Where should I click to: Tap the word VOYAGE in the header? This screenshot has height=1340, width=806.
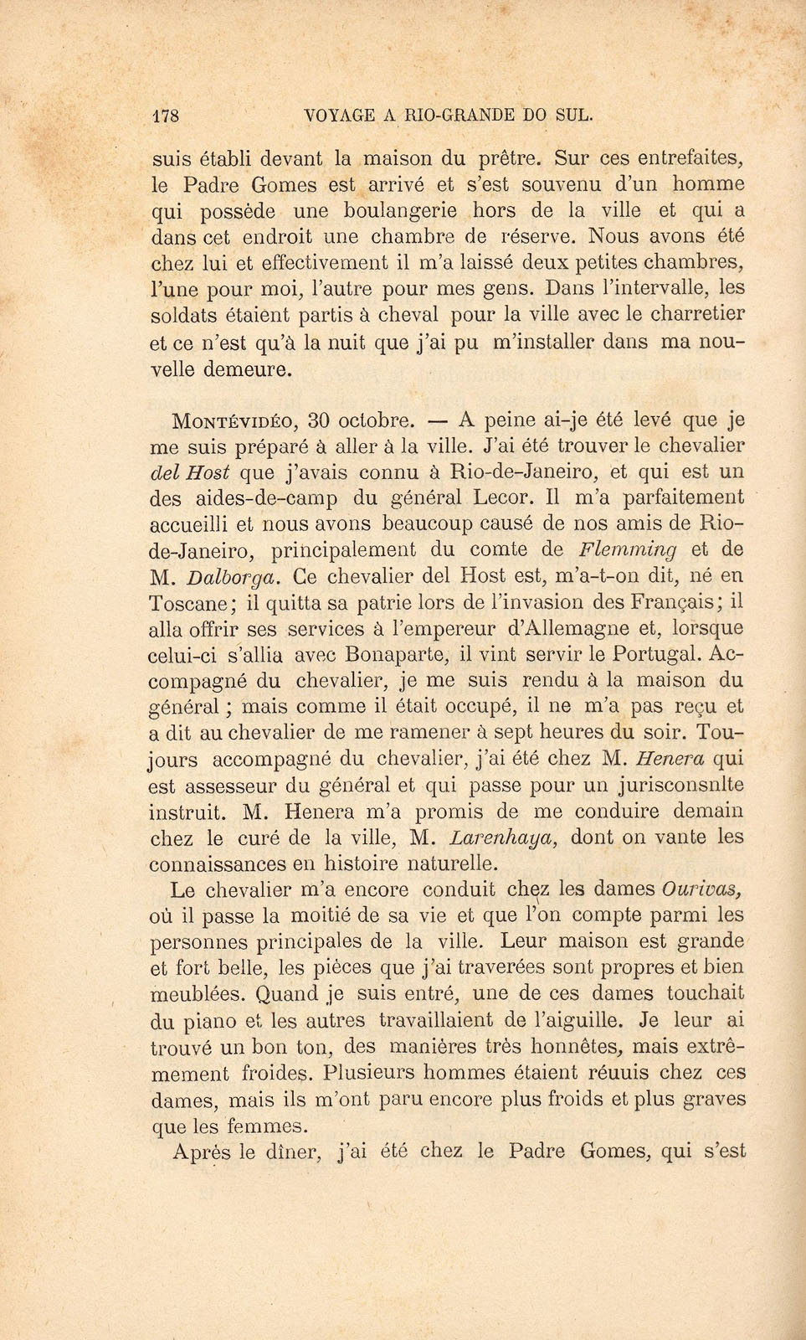pyautogui.click(x=330, y=116)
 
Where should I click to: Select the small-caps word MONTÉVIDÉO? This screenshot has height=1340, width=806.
pyautogui.click(x=219, y=420)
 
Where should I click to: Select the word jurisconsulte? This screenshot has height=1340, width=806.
pyautogui.click(x=678, y=786)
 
